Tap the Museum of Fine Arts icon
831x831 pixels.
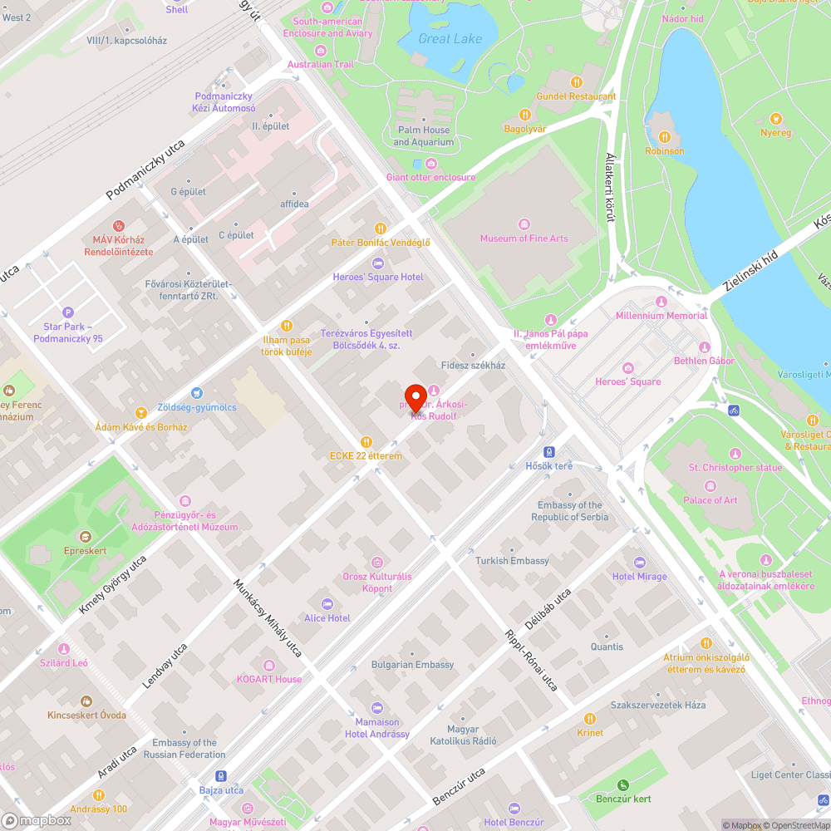[x=524, y=224]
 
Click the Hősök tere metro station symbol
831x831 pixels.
[x=549, y=452]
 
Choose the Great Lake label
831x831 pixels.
[x=450, y=39]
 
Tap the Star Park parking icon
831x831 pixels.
[x=68, y=312]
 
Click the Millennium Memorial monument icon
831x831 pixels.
[x=661, y=302]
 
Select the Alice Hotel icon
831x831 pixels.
[x=327, y=604]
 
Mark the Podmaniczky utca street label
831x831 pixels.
[x=145, y=170]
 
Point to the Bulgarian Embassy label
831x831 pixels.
[x=412, y=665]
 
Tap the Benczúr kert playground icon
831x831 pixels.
[x=623, y=784]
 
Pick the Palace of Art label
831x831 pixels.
[x=710, y=500]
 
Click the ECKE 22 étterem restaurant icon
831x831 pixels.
[x=366, y=442]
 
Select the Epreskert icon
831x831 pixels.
[x=85, y=536]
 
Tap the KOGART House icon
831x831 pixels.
[x=268, y=666]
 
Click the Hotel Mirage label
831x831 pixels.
[x=639, y=577]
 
